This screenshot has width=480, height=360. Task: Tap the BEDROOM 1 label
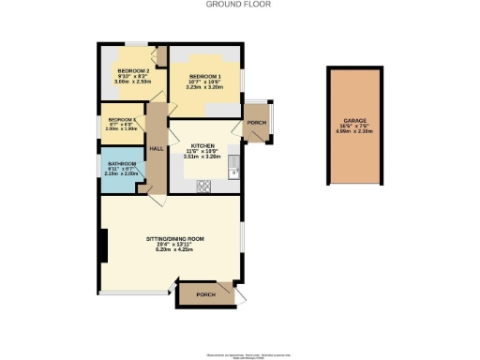(205, 75)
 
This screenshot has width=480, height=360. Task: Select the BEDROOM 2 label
(133, 71)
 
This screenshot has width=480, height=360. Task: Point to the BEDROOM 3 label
(123, 120)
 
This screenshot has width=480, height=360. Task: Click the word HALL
(157, 149)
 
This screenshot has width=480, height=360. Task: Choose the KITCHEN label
(203, 146)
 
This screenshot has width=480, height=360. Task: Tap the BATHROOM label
(122, 164)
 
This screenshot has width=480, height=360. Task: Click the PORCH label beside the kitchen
(253, 122)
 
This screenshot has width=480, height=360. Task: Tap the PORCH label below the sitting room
(205, 294)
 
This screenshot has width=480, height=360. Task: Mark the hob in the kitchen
(204, 185)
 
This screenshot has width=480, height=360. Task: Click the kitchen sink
(237, 172)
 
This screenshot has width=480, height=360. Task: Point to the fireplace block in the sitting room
(103, 246)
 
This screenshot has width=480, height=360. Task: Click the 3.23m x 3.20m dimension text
(205, 87)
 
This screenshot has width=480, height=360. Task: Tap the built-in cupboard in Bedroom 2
(160, 57)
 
